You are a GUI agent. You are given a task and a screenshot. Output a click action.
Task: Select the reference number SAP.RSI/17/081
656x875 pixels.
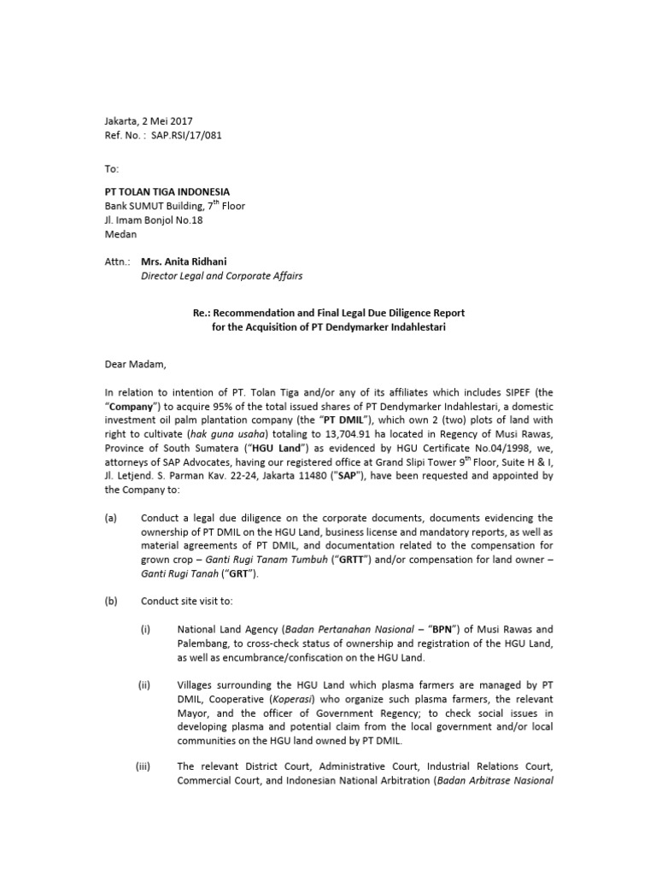[x=190, y=135]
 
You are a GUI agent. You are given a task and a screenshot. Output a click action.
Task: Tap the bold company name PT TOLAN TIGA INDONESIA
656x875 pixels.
[x=167, y=191]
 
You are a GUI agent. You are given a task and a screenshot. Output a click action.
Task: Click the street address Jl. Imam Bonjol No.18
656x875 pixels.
[x=154, y=220]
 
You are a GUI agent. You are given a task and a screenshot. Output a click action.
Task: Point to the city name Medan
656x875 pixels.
[x=120, y=234]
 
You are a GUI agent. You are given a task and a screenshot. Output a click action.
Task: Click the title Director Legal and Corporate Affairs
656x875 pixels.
[x=221, y=276]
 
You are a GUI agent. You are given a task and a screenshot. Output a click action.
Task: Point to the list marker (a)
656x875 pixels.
[x=112, y=518]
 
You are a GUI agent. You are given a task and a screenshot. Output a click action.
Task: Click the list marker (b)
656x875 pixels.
[x=112, y=601]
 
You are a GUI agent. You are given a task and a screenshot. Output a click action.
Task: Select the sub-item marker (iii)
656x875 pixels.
[x=143, y=766]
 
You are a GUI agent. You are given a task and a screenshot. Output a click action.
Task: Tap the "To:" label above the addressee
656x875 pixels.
[x=112, y=169]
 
